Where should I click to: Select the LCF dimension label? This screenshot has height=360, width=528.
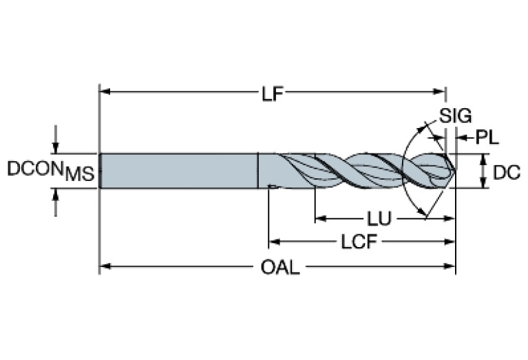(x=357, y=242)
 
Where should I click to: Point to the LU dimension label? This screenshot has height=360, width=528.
(x=379, y=220)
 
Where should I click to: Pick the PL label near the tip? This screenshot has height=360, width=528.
(x=487, y=138)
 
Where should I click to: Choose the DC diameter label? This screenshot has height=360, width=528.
(x=507, y=172)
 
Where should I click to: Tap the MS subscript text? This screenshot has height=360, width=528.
(x=80, y=176)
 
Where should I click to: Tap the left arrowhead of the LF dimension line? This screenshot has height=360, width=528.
(x=105, y=92)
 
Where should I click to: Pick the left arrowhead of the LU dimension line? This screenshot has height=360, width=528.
(x=319, y=220)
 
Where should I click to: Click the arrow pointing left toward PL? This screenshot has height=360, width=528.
(x=460, y=138)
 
